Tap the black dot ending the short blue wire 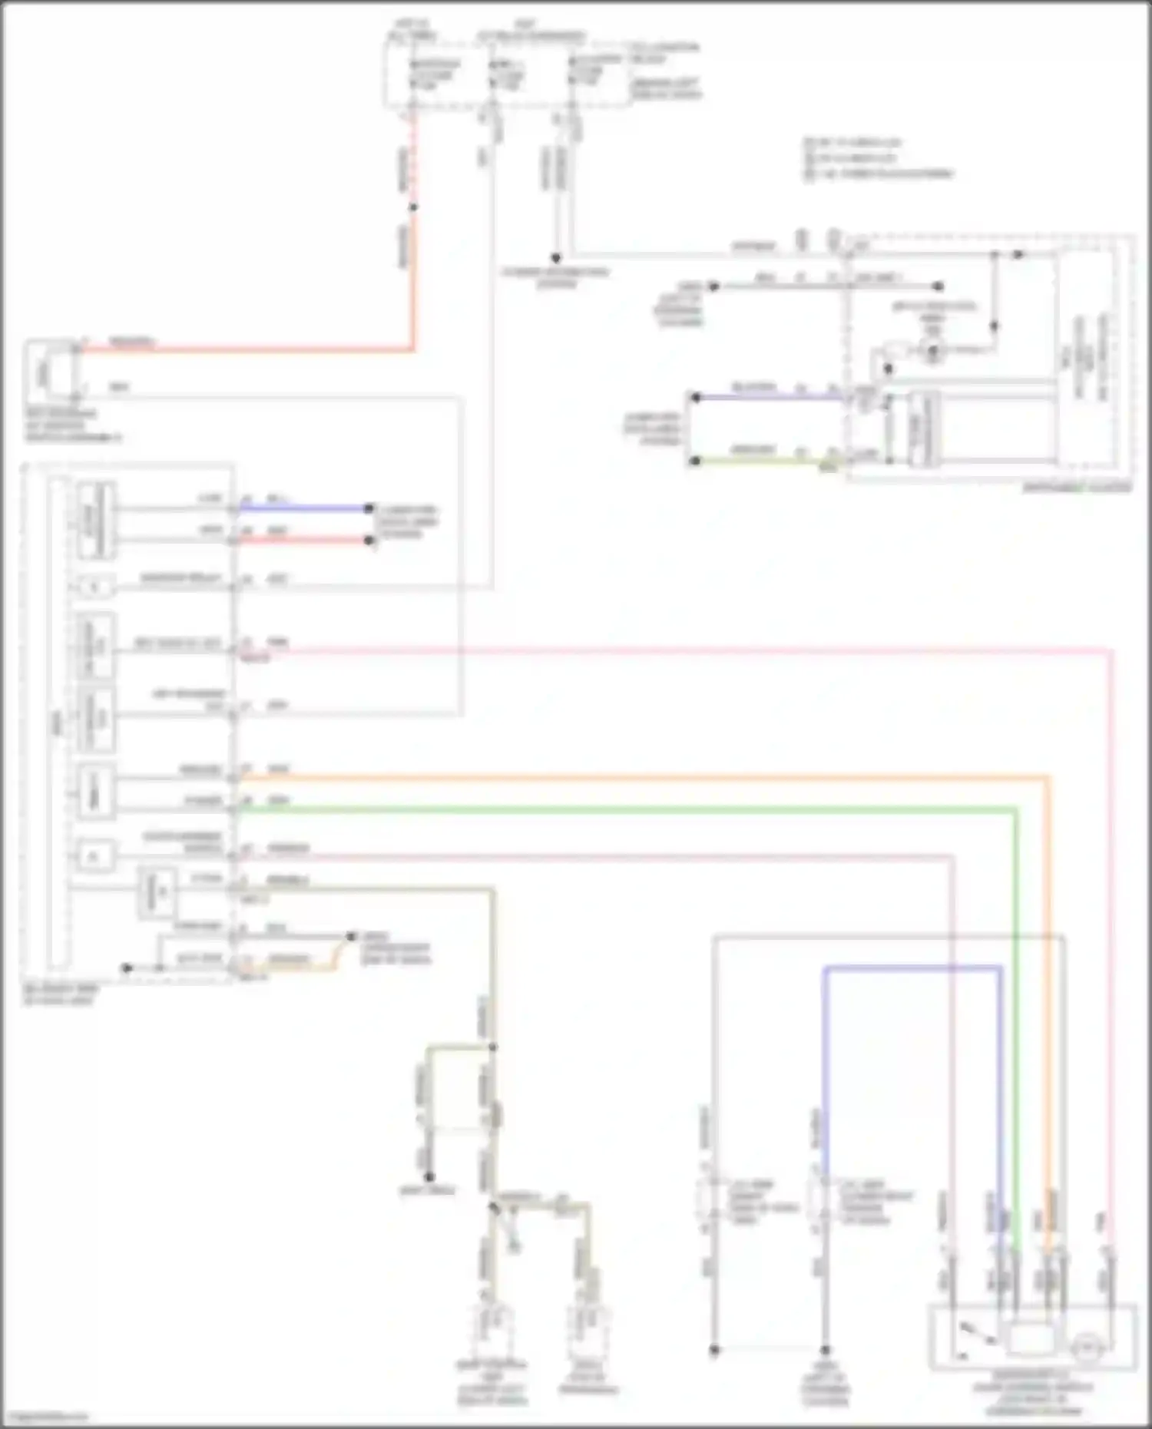pyautogui.click(x=369, y=508)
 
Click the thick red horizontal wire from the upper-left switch pyautogui.click(x=246, y=351)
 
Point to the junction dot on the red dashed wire pyautogui.click(x=412, y=207)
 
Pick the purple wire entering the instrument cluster pyautogui.click(x=768, y=397)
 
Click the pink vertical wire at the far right pyautogui.click(x=1111, y=921)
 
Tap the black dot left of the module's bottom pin pyautogui.click(x=127, y=968)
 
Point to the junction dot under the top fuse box pyautogui.click(x=555, y=259)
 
